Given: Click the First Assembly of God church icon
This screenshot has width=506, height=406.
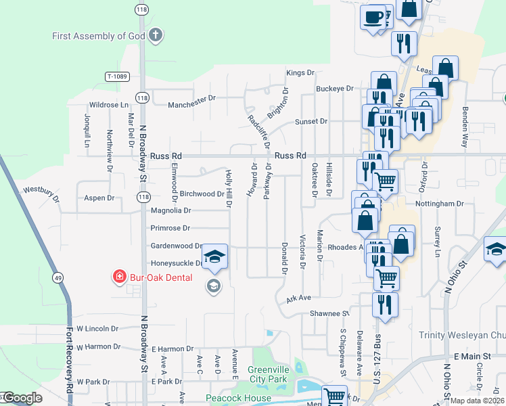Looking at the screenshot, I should (156, 35).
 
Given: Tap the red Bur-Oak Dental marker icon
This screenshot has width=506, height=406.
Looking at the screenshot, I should (119, 277).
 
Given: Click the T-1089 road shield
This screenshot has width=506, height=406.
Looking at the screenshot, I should (116, 76).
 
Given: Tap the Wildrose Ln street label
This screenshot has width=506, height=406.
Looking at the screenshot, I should (109, 105).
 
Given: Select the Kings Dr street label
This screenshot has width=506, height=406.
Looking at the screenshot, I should (301, 72).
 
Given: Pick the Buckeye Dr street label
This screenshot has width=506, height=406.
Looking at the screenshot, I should (335, 89).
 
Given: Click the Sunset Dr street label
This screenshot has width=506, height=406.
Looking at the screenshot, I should (310, 122).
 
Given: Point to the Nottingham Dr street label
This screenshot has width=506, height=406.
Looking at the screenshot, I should (440, 203).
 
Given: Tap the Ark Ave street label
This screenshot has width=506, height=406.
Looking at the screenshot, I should (298, 298).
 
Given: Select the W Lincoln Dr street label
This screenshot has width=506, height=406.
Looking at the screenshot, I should (97, 329).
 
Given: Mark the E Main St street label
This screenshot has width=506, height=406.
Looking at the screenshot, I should (475, 356).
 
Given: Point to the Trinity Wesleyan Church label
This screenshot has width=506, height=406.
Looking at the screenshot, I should (462, 335).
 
